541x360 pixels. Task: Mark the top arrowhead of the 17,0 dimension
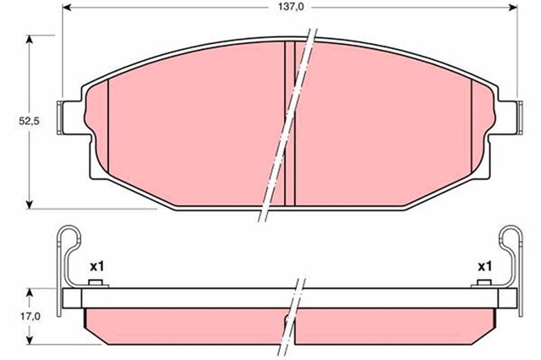(x=31, y=292)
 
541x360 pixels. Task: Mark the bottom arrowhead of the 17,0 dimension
(x=31, y=341)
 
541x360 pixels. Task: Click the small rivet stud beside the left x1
(x=97, y=283)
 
